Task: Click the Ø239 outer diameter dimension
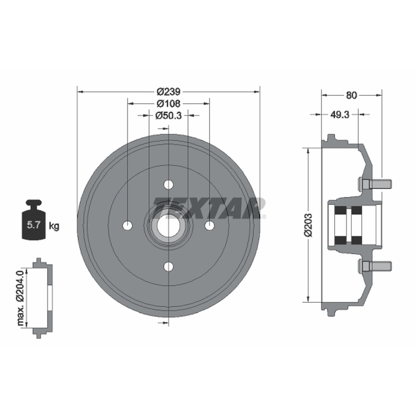point(168,92)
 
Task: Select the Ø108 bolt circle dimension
point(168,103)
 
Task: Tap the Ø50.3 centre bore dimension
point(168,115)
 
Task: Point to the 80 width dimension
point(351,95)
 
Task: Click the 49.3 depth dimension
point(340,115)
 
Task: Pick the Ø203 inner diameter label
point(309,225)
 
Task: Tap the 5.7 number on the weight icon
point(33,225)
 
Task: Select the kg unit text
point(54,226)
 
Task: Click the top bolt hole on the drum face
point(168,185)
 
